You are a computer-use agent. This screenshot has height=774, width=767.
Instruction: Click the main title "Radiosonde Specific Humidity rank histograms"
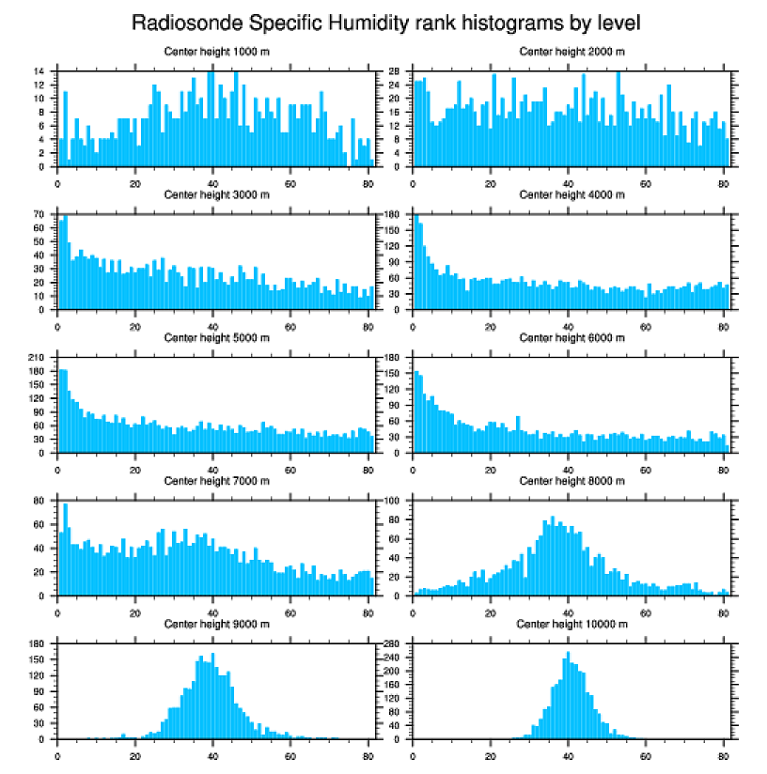pyautogui.click(x=385, y=22)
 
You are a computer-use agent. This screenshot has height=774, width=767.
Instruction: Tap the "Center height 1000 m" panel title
pyautogui.click(x=216, y=52)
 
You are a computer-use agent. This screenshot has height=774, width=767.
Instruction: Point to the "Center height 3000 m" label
pyautogui.click(x=216, y=195)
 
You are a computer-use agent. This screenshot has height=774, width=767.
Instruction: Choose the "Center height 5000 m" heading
pyautogui.click(x=216, y=338)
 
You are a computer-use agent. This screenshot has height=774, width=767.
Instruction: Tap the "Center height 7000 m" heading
pyautogui.click(x=216, y=481)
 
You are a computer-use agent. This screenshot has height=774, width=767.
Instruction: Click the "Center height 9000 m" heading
pyautogui.click(x=216, y=624)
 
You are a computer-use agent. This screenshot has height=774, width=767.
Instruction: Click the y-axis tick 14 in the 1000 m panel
pyautogui.click(x=40, y=71)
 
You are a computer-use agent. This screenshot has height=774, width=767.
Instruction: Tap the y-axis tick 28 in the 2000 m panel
pyautogui.click(x=396, y=71)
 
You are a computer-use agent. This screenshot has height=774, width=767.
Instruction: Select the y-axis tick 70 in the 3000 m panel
pyautogui.click(x=40, y=214)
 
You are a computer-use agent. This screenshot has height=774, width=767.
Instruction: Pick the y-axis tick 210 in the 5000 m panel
pyautogui.click(x=39, y=358)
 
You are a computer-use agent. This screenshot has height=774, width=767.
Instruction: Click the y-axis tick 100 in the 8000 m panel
pyautogui.click(x=394, y=501)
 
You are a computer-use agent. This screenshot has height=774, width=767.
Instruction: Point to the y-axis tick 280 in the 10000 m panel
pyautogui.click(x=394, y=643)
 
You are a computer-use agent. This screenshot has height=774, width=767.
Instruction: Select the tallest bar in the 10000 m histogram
pyautogui.click(x=568, y=695)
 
